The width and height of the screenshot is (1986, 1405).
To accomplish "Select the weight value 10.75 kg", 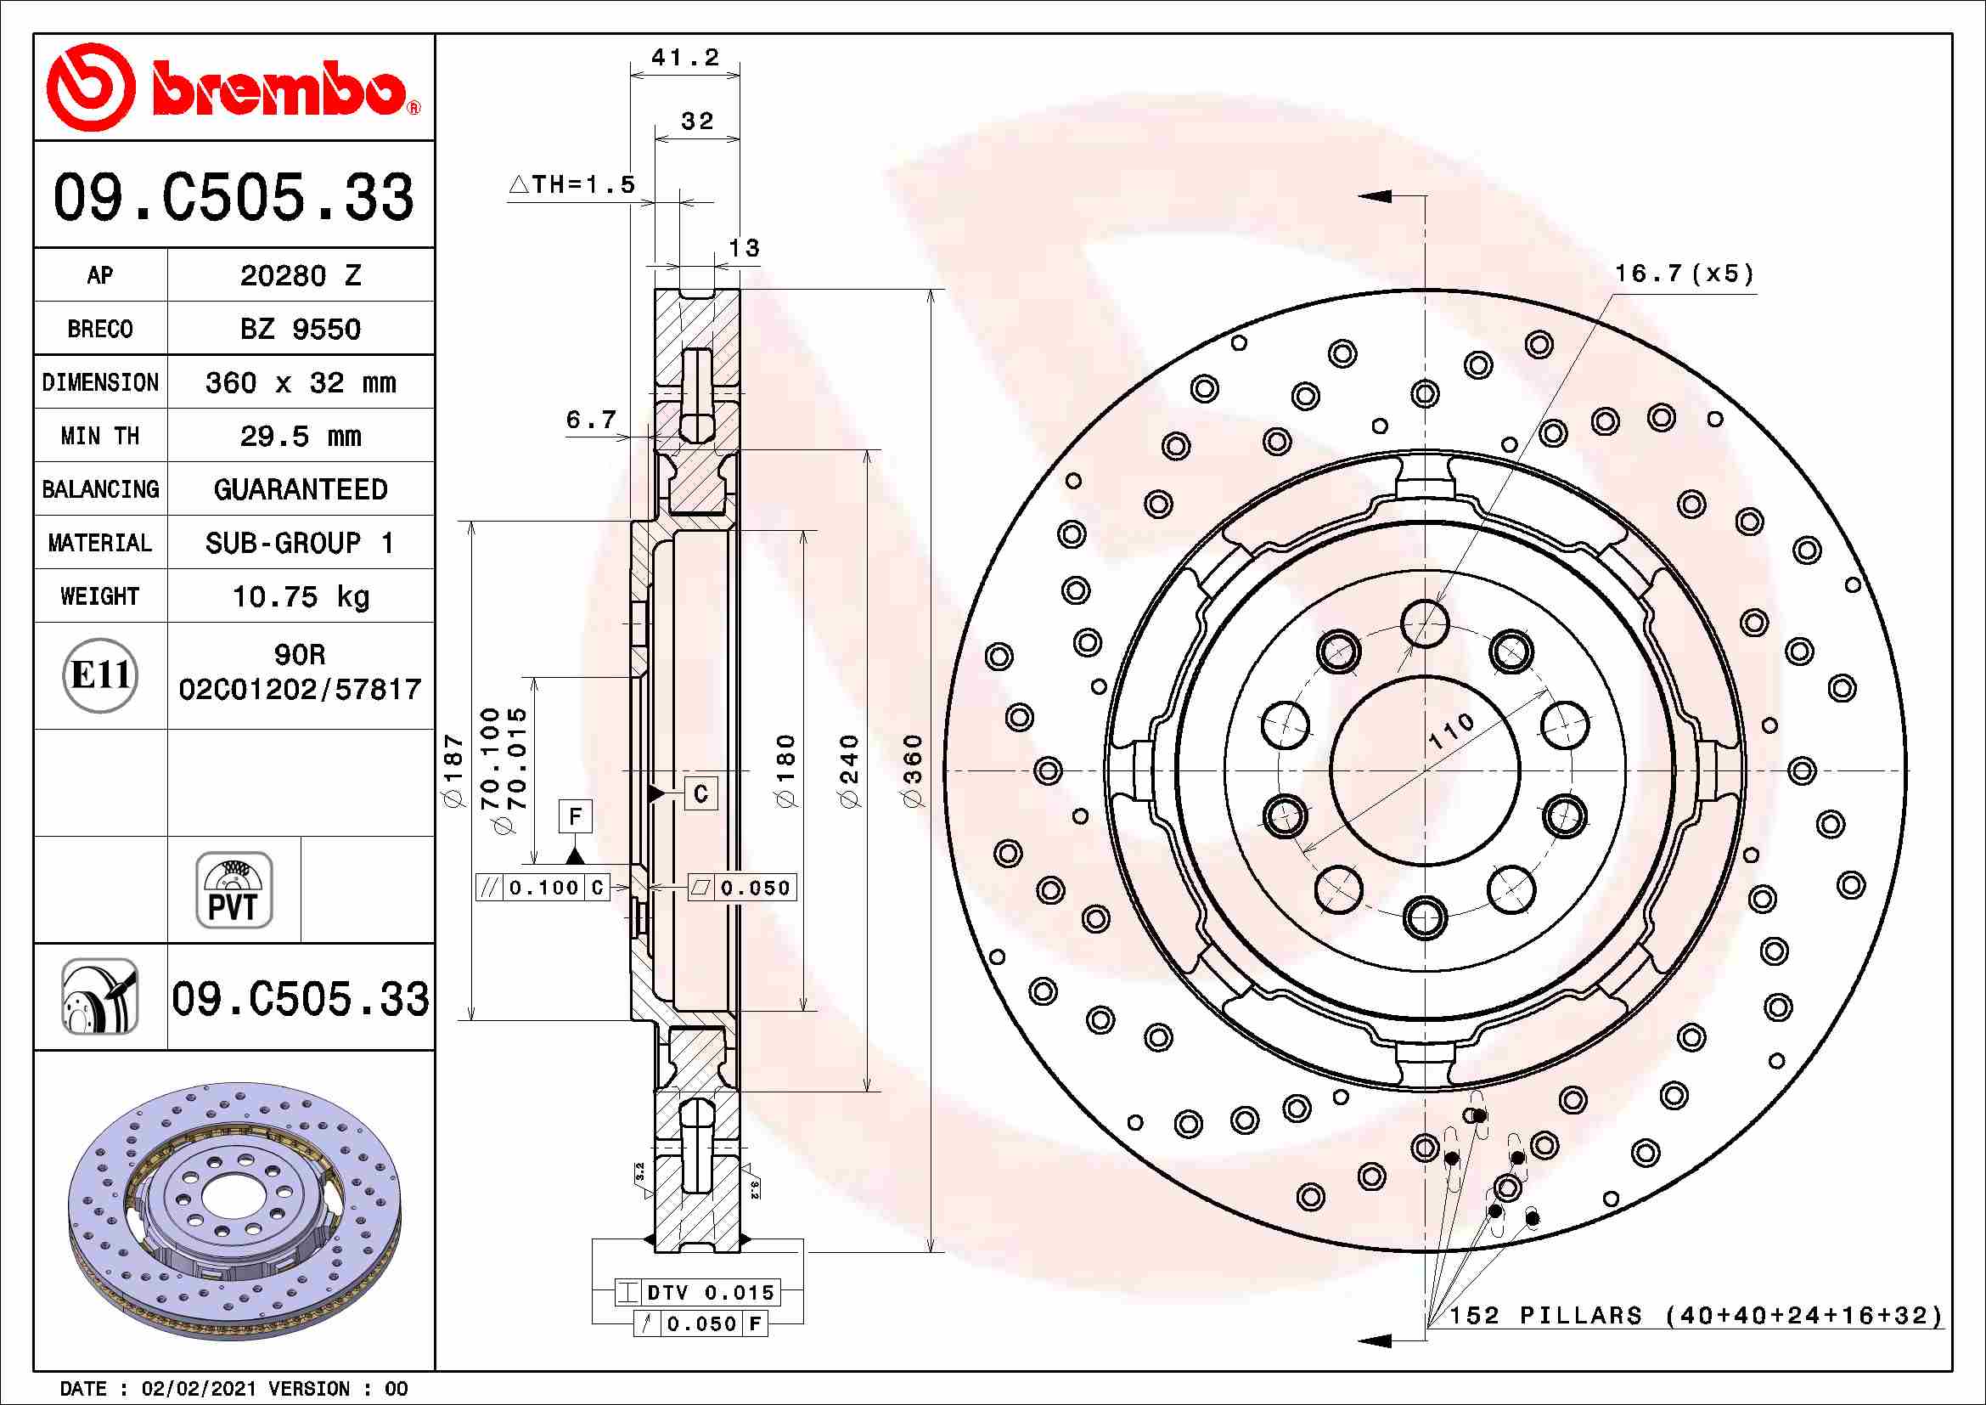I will (x=300, y=596).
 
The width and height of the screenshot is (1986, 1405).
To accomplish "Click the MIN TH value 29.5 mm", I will (x=300, y=436).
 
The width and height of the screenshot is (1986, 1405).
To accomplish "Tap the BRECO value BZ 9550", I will (x=300, y=330).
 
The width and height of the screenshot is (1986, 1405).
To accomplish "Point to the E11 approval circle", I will (x=100, y=675).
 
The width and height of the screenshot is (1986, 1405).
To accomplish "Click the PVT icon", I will (x=233, y=890).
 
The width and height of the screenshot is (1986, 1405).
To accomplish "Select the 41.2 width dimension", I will (x=685, y=58).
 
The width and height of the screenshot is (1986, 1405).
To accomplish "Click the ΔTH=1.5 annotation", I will (x=572, y=184).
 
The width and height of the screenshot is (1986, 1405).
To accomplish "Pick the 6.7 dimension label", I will (x=591, y=420).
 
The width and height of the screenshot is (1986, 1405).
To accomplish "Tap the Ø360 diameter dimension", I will (x=914, y=770).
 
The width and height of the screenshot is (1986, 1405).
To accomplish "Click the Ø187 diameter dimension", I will (x=454, y=770).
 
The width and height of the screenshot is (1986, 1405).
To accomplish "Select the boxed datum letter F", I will (x=575, y=815).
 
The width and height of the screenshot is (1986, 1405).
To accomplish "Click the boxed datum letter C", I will (x=700, y=793).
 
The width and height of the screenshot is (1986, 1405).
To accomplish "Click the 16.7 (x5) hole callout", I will (x=1684, y=274).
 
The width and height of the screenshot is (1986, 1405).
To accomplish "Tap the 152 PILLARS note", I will (x=1696, y=1316).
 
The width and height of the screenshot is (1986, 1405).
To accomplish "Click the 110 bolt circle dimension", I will (x=1452, y=732).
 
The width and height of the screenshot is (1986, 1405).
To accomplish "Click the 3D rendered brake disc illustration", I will (x=234, y=1211).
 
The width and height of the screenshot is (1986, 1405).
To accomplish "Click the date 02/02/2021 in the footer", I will (x=198, y=1389).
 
